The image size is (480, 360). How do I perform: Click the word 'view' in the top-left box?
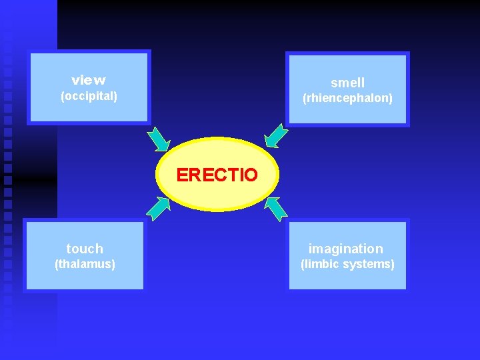[x=89, y=81]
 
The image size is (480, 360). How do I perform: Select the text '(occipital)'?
[x=89, y=97]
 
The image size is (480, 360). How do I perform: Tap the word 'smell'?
[x=347, y=83]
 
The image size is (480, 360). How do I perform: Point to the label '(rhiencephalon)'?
[x=347, y=99]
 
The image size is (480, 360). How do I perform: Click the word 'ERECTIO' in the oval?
[x=217, y=175]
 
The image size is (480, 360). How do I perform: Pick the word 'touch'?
[x=85, y=249]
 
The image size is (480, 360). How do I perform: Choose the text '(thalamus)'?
[x=85, y=264]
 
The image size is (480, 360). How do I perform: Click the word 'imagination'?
[x=345, y=249]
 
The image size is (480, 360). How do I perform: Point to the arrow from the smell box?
[x=276, y=135]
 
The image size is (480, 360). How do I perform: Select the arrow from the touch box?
[x=158, y=208]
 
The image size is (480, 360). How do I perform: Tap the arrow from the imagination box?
[x=275, y=208]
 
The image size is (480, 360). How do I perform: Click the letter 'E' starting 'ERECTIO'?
[x=182, y=175]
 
